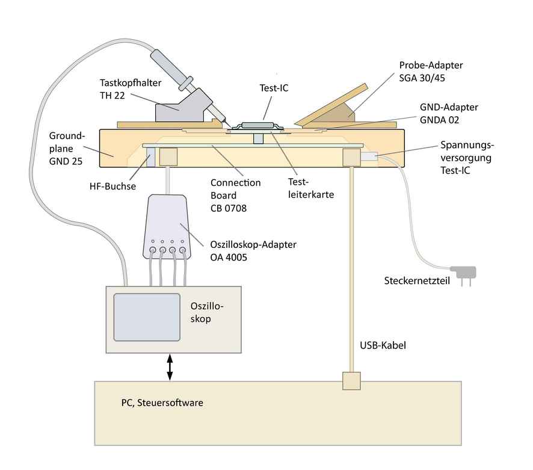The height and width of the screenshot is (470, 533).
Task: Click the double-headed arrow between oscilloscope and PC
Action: click(170, 366)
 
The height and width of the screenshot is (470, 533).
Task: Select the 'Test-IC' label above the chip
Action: click(271, 87)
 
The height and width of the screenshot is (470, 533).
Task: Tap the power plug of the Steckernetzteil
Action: click(464, 274)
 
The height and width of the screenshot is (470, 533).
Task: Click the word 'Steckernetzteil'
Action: click(416, 281)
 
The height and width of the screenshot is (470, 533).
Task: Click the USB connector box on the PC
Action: click(351, 381)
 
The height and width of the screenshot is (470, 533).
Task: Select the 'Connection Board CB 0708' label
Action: click(235, 196)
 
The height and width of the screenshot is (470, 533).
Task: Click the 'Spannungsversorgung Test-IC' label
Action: click(467, 158)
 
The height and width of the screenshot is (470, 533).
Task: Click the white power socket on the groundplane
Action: click(369, 157)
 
